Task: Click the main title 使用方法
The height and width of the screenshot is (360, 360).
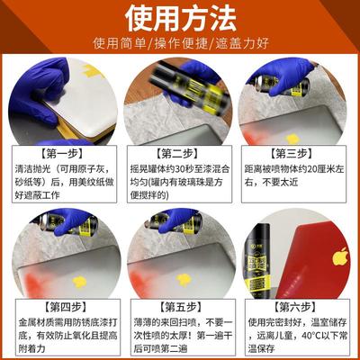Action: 179,18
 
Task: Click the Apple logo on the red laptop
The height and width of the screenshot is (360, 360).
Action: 339,256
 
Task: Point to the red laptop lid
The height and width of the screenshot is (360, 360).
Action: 324,256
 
